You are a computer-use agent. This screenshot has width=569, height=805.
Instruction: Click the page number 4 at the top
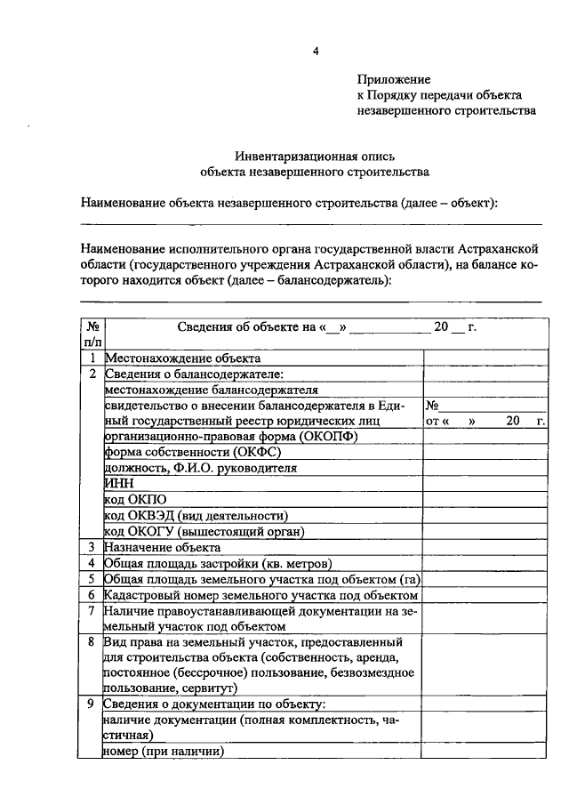[x=314, y=51]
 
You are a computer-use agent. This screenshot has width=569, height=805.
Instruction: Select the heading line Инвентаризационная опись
[x=314, y=154]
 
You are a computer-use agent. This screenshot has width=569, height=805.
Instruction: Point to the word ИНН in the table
[x=117, y=483]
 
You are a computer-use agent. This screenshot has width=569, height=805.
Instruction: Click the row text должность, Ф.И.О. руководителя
[x=200, y=467]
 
